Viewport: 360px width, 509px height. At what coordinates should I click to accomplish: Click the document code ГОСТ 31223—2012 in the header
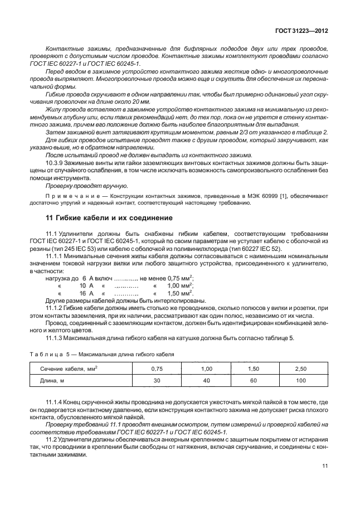[x=300, y=32]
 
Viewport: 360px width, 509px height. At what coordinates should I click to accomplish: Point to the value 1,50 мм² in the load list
[x=179, y=292]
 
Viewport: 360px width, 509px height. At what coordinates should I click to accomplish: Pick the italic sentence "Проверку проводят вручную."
[x=86, y=186]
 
